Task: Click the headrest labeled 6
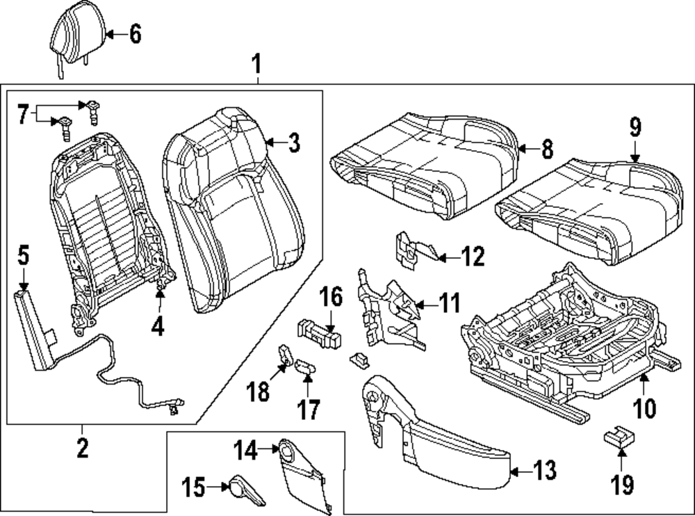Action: pos(75,35)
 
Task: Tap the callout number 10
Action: pos(644,407)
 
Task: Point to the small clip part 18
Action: pos(286,356)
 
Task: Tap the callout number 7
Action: pos(23,114)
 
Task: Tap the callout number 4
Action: pos(158,325)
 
